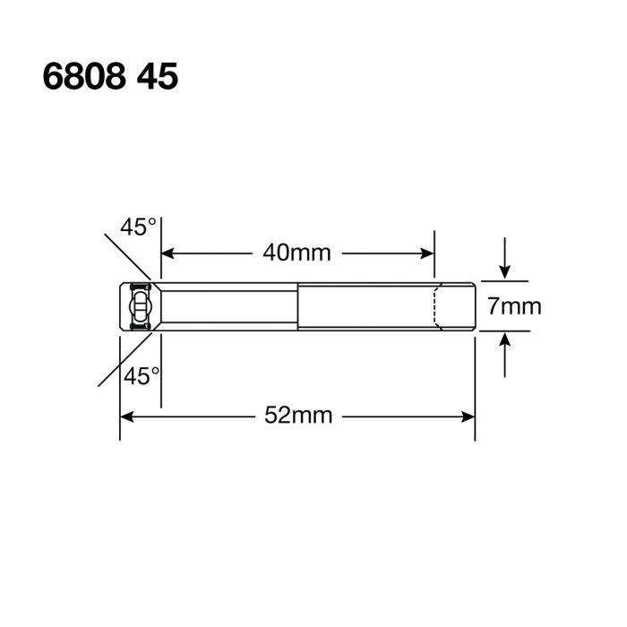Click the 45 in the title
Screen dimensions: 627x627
[158, 77]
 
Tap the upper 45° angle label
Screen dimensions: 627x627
[140, 228]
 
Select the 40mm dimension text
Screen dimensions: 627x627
[297, 253]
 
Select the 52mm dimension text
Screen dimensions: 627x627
[298, 416]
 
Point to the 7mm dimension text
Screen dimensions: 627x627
[514, 306]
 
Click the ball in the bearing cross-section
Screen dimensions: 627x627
[139, 307]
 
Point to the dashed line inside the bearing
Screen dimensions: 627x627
[436, 307]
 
